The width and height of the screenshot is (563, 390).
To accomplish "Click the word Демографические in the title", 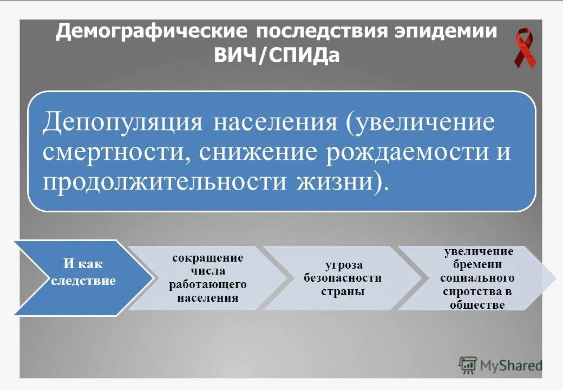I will [x=152, y=31].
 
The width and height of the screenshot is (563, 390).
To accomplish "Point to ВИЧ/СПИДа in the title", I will [x=277, y=55].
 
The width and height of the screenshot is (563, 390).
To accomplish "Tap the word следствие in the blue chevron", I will [x=83, y=282].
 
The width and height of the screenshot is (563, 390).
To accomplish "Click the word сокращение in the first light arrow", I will [x=208, y=258].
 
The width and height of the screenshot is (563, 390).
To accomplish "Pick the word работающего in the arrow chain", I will [x=208, y=284].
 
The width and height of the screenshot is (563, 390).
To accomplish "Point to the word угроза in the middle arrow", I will [x=344, y=265].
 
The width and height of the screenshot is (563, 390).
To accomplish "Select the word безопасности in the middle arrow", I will [x=343, y=278].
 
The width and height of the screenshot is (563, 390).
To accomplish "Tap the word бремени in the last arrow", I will [x=478, y=265].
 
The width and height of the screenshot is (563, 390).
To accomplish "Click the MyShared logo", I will [x=500, y=365].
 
